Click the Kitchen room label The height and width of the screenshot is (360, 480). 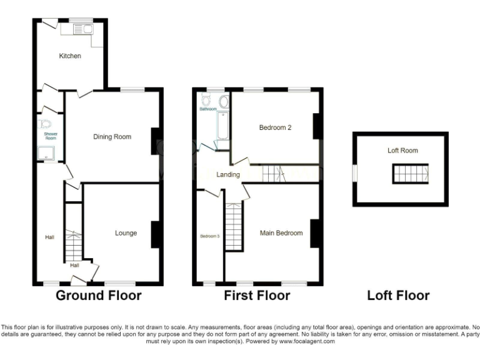[x=70, y=56]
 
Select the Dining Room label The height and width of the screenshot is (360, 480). [x=112, y=137]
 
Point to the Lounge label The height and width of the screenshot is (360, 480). [x=126, y=233]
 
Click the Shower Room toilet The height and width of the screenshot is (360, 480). [x=46, y=124]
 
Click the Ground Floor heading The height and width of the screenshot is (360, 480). [x=99, y=295]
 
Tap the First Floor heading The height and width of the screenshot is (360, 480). [x=257, y=295]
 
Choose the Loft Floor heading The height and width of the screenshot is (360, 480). [x=398, y=295]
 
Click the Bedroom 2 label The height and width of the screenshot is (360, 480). [x=276, y=127]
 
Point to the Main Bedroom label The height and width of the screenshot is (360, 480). [x=281, y=233]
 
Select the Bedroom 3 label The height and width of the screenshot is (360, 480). [x=210, y=236]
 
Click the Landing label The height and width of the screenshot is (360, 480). [x=228, y=174]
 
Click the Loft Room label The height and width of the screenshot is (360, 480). [x=402, y=151]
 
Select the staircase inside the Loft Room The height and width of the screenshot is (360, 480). [x=411, y=173]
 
